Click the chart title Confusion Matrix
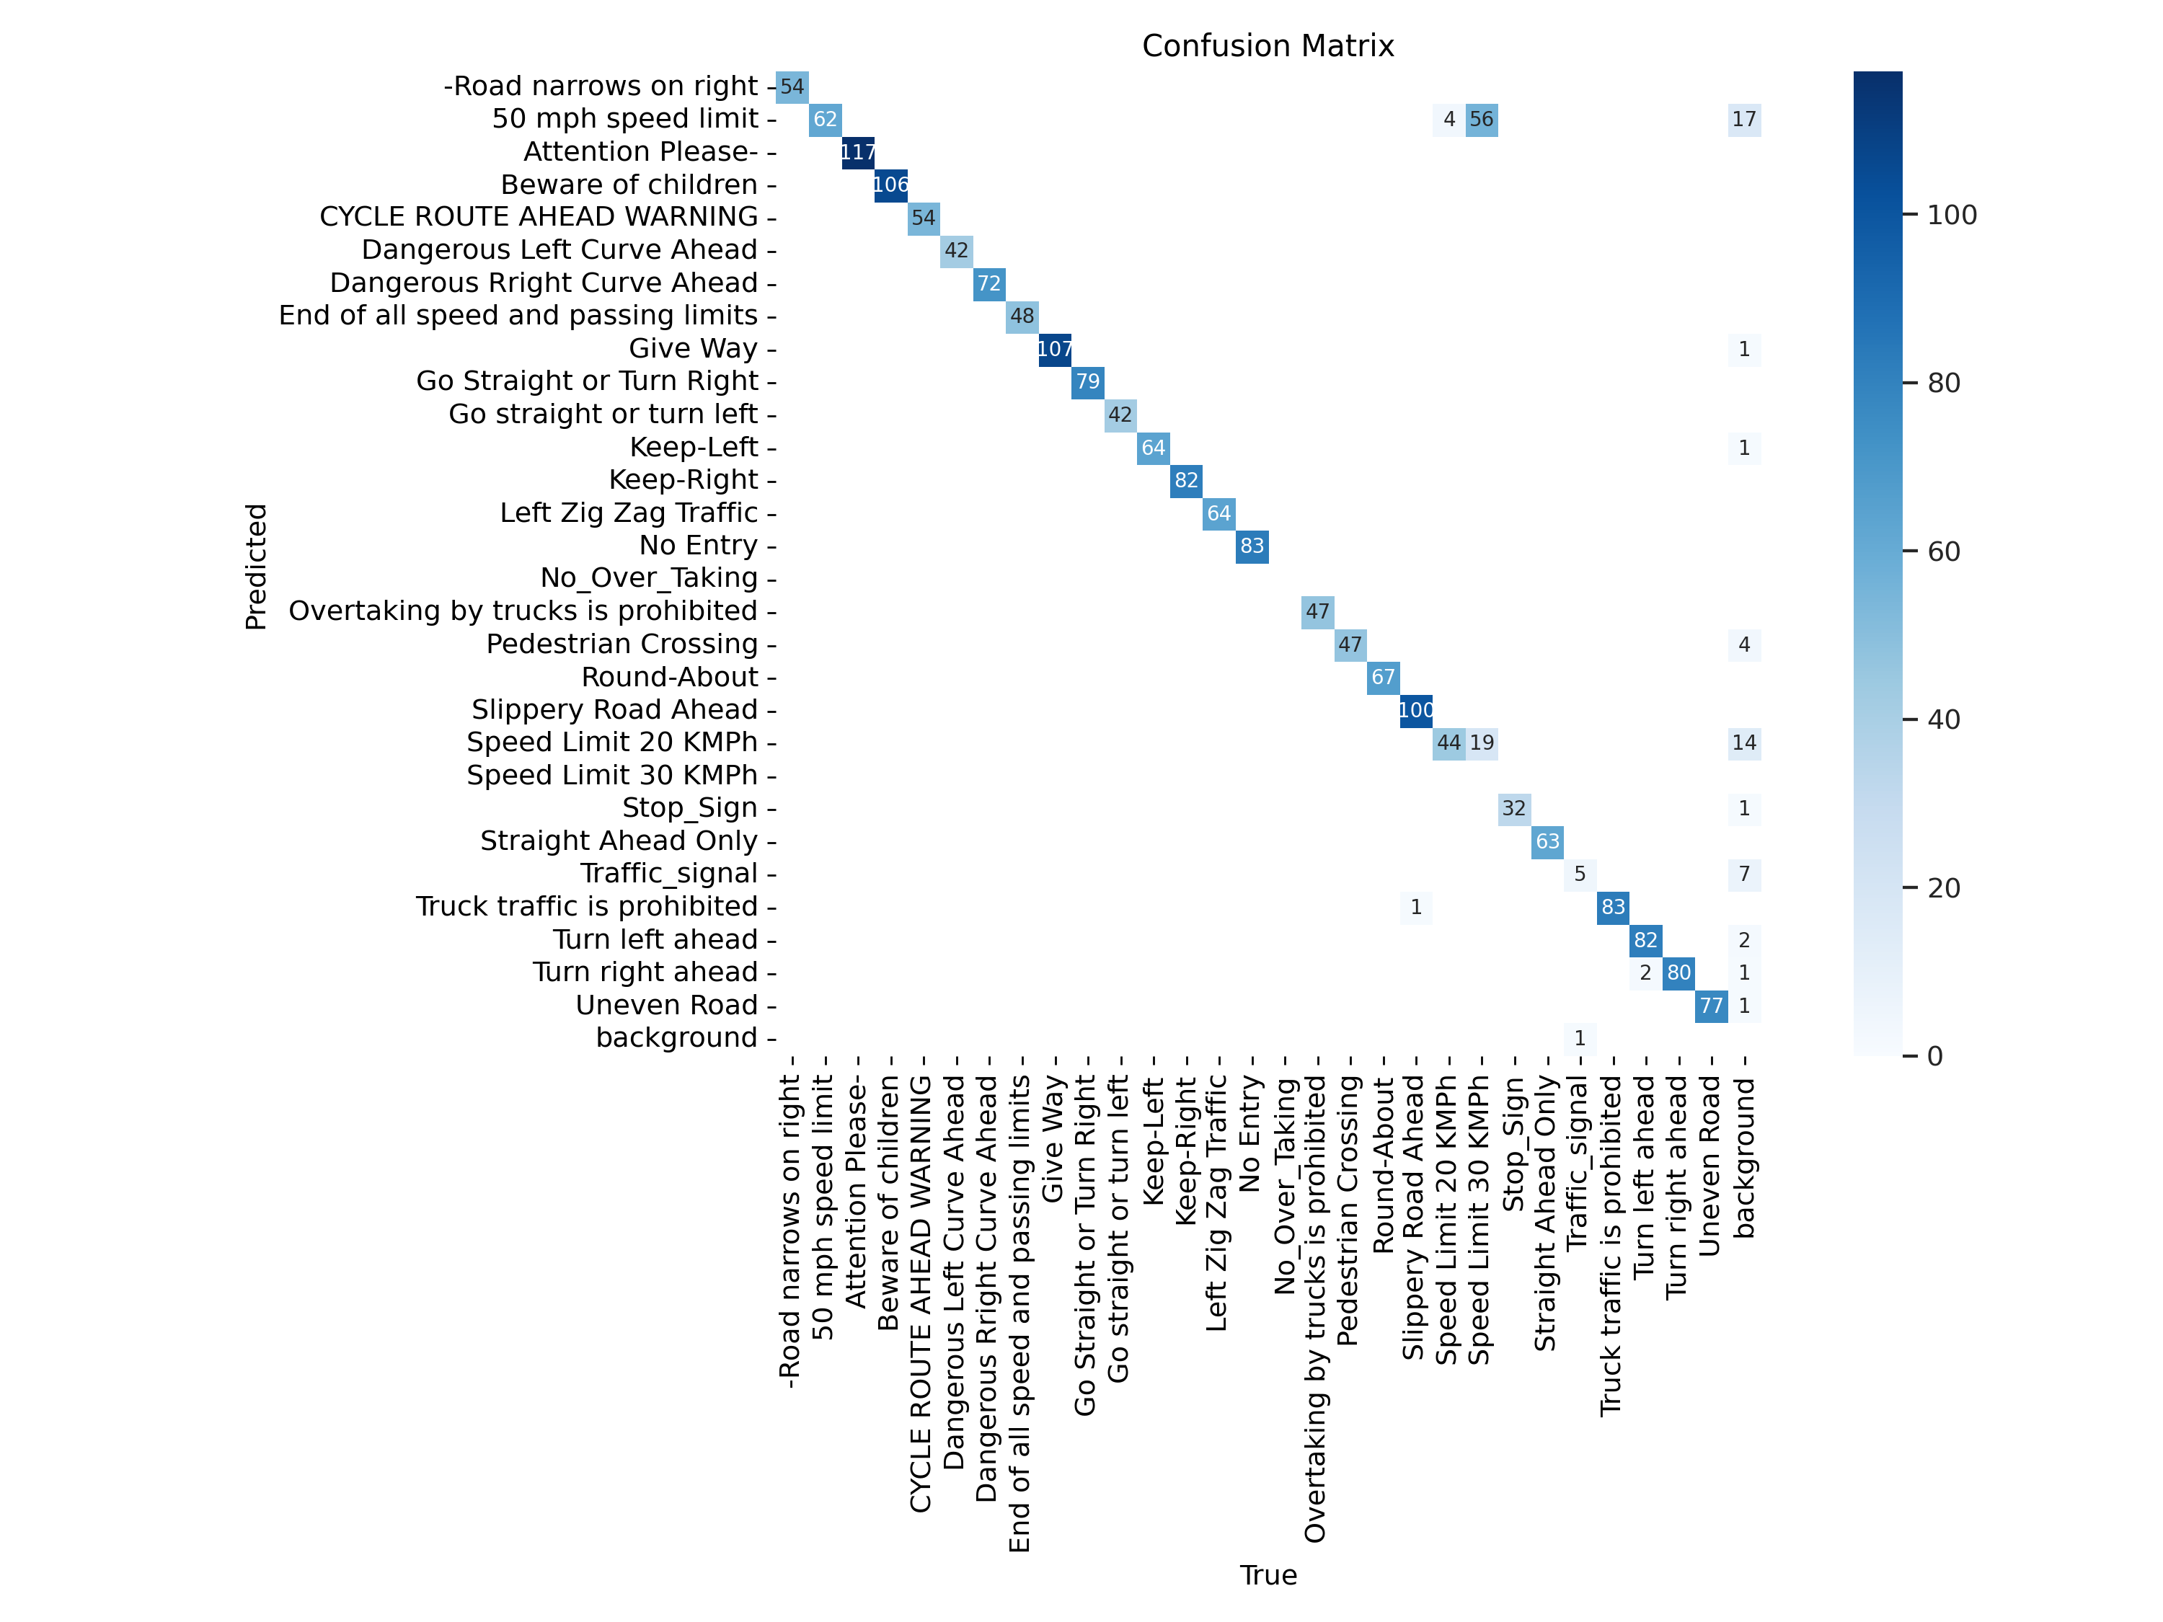coord(1268,46)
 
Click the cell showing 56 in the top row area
coord(1482,119)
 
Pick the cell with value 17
coord(1743,119)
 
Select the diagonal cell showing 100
coord(1416,710)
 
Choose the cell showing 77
coord(1711,1005)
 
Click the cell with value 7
coord(1743,874)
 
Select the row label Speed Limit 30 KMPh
coord(611,775)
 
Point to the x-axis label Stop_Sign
coord(1513,1144)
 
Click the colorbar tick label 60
coord(1944,551)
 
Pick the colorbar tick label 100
coord(1952,215)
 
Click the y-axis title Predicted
coord(256,567)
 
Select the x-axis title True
coord(1268,1575)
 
